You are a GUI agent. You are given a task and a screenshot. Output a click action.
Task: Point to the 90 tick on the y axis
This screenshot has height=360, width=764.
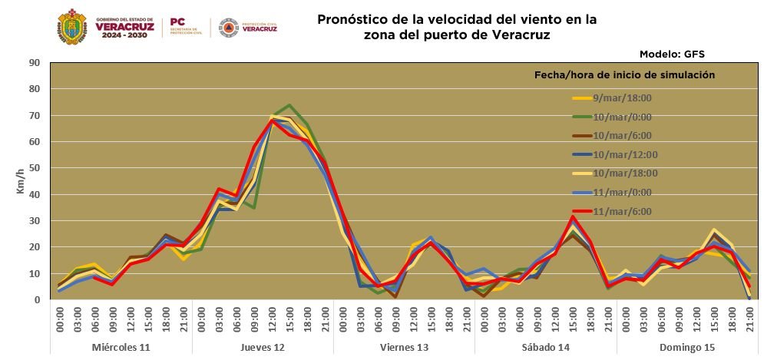[34, 63]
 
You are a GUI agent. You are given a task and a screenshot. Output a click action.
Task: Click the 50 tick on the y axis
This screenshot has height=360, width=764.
[34, 168]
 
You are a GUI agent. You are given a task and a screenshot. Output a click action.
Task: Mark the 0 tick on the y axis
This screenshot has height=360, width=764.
[36, 300]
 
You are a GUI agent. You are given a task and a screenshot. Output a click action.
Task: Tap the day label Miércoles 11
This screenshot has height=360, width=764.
[121, 348]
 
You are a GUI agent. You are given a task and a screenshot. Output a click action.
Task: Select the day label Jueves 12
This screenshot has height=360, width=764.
[263, 348]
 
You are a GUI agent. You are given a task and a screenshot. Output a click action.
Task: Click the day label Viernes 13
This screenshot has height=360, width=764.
[405, 348]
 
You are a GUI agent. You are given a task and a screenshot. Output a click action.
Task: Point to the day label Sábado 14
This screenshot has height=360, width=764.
[546, 348]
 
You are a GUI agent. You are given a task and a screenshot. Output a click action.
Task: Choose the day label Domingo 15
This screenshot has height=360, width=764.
[688, 348]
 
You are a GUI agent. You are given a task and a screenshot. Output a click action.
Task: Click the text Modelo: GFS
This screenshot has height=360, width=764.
[671, 54]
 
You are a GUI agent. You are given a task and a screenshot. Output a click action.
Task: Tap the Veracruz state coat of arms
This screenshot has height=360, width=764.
[72, 28]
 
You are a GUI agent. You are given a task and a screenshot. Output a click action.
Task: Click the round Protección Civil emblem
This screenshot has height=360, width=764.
[228, 28]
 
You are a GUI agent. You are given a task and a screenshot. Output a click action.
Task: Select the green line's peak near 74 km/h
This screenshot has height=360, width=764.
[289, 105]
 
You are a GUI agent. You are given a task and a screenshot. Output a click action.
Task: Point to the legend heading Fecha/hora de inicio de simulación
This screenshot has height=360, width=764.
[624, 75]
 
